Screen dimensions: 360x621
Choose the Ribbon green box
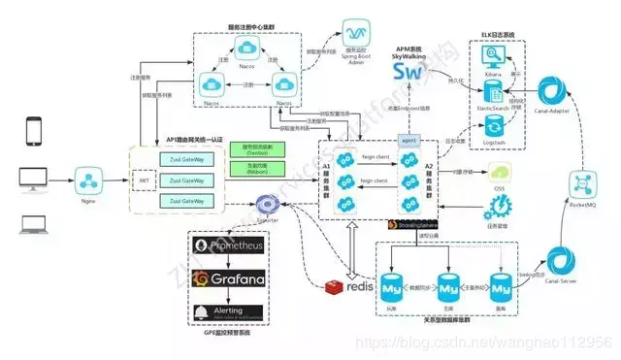pos(250,168)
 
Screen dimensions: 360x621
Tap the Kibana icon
pos(492,61)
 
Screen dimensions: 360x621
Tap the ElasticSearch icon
pos(492,93)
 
